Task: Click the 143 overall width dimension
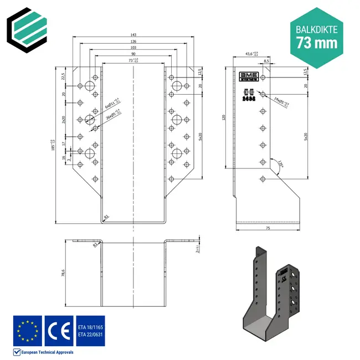[x=133, y=34]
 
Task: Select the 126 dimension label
[x=133, y=41]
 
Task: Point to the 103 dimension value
[x=133, y=48]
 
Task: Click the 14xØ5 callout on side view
[x=281, y=101]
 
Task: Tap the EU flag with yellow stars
[x=27, y=330]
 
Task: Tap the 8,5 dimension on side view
[x=266, y=61]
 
